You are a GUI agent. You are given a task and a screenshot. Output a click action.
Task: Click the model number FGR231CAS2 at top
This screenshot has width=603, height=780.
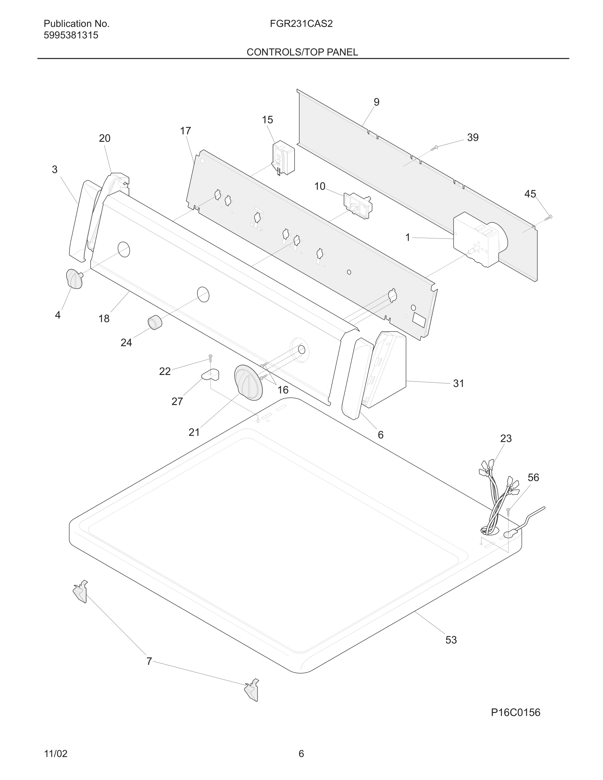pyautogui.click(x=301, y=24)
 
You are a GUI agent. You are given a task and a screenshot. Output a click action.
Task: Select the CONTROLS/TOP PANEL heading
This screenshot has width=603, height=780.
pyautogui.click(x=302, y=52)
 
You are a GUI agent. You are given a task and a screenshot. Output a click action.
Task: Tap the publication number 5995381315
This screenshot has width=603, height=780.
pyautogui.click(x=71, y=35)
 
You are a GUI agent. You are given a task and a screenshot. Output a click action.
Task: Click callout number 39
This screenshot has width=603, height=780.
pyautogui.click(x=473, y=138)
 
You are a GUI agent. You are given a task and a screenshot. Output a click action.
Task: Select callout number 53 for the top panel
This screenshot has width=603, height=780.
pyautogui.click(x=451, y=639)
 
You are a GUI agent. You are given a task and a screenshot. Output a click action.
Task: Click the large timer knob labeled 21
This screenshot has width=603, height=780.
pyautogui.click(x=248, y=382)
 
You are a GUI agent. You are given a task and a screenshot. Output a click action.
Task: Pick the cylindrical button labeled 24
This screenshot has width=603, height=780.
pyautogui.click(x=155, y=322)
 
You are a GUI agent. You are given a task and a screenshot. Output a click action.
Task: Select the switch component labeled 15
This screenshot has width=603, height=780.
pyautogui.click(x=284, y=158)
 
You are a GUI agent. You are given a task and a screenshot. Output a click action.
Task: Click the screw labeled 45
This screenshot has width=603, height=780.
pyautogui.click(x=549, y=217)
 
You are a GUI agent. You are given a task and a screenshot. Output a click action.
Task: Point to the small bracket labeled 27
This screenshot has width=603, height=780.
pyautogui.click(x=211, y=375)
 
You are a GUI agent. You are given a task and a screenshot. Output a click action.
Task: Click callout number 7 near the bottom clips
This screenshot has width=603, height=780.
pyautogui.click(x=149, y=661)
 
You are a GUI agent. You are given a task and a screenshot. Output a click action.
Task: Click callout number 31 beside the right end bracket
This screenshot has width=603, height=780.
pyautogui.click(x=458, y=383)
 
